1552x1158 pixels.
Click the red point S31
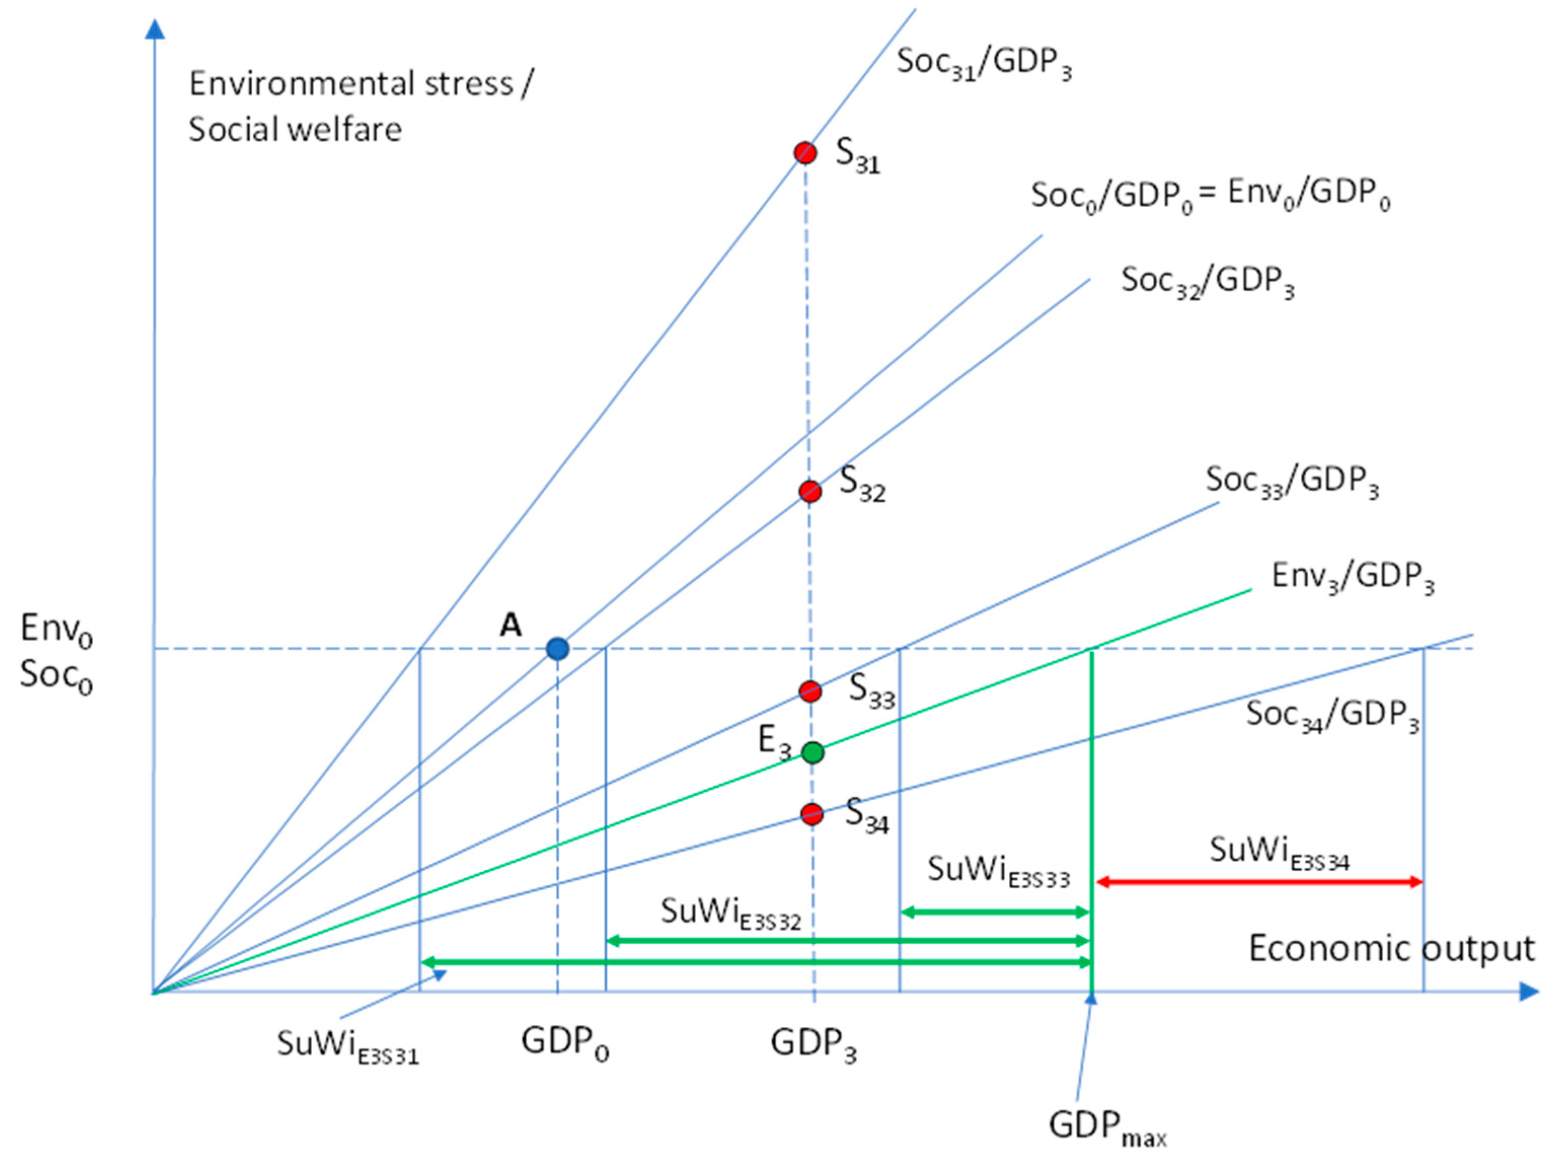point(805,152)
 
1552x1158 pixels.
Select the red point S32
point(810,491)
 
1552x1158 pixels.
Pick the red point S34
point(812,814)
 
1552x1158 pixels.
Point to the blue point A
point(558,649)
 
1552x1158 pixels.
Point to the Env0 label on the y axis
point(56,628)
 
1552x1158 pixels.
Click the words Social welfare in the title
point(295,130)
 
